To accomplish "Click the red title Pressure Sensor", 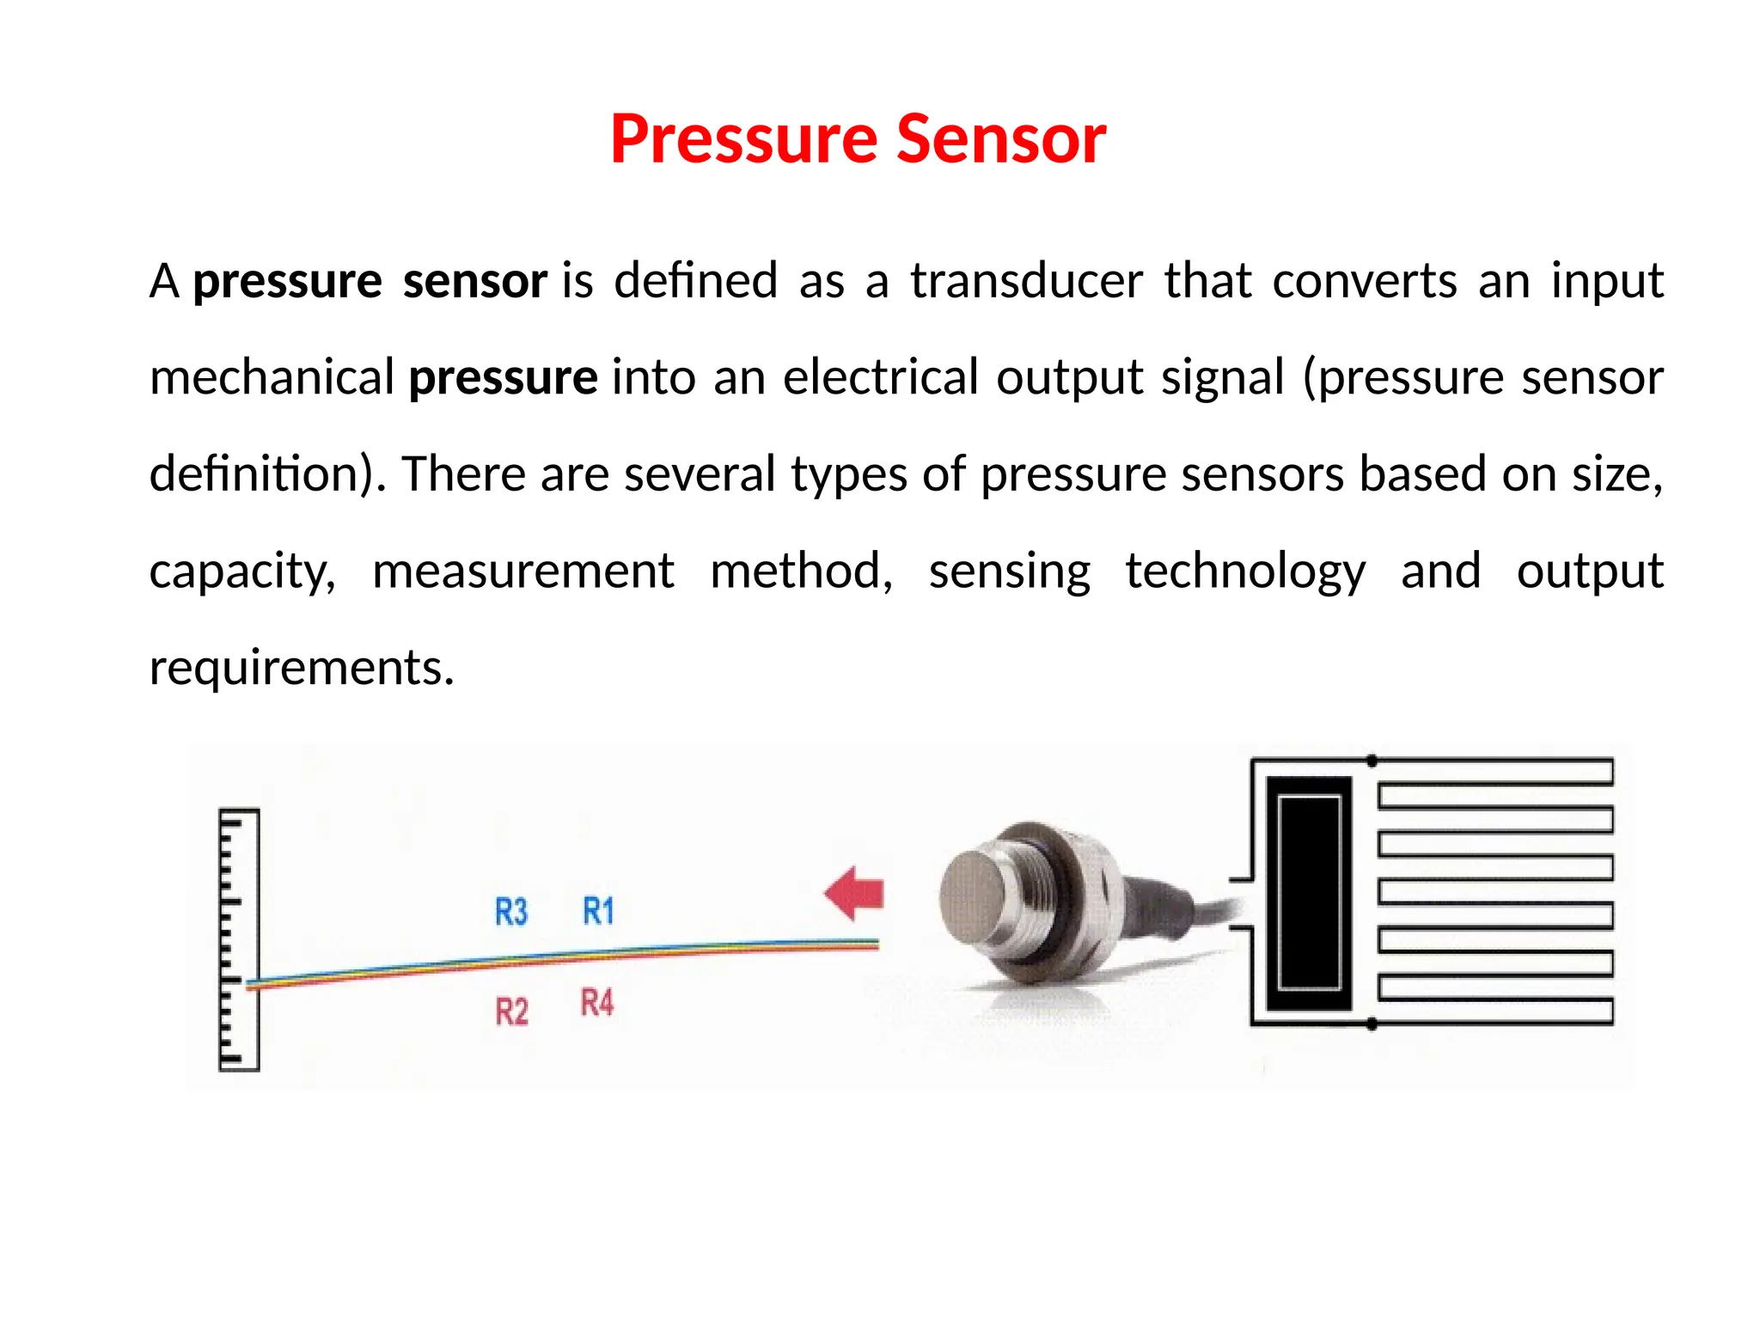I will (x=858, y=139).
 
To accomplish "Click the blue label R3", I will (x=511, y=912).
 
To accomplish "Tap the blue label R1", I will (x=598, y=911).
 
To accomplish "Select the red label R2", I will (x=511, y=1011).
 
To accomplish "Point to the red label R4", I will (x=597, y=1003).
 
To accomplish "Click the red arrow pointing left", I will (x=854, y=894).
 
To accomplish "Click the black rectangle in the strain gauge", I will (x=1309, y=893).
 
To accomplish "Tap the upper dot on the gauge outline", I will (x=1372, y=761).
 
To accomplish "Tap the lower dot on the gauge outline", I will (x=1372, y=1024).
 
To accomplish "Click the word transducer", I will (x=1026, y=281).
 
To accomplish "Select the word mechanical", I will (x=272, y=378).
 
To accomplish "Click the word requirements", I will (x=301, y=668).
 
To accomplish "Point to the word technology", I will (x=1244, y=571).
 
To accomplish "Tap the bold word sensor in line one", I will (x=474, y=281).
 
